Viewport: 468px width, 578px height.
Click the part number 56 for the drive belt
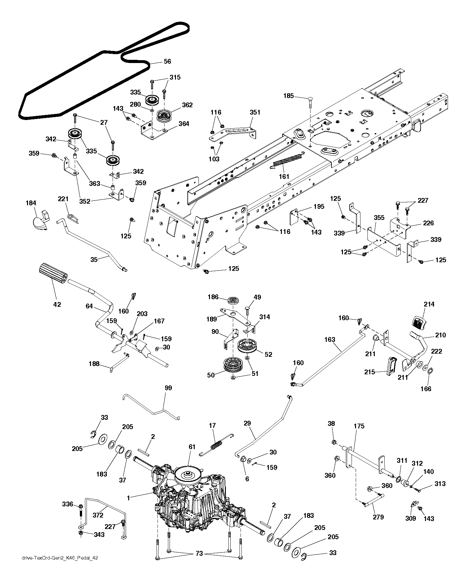(x=167, y=62)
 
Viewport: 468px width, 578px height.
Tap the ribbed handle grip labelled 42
(x=52, y=274)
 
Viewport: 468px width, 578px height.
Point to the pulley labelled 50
(x=233, y=366)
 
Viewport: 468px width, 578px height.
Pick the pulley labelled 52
(x=248, y=347)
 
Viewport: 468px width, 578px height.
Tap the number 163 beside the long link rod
(x=330, y=340)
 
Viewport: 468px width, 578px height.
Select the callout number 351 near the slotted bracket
(x=255, y=112)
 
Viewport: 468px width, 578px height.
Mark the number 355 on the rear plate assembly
(x=379, y=218)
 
